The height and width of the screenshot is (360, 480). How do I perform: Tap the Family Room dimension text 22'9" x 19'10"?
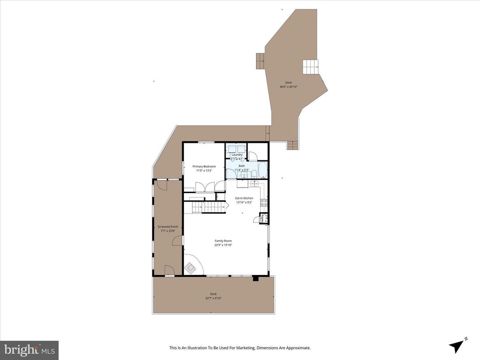pos(223,245)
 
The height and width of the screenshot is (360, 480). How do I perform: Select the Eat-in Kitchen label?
pos(244,198)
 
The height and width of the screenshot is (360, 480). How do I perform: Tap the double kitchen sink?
pos(254,183)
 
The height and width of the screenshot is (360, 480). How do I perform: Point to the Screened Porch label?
pos(168,227)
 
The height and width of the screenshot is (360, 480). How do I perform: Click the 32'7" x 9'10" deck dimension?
pos(214,298)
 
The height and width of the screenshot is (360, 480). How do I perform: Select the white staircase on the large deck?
pos(311,67)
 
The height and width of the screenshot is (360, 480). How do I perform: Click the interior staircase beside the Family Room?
pos(209,207)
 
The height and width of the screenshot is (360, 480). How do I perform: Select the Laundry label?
pos(236,155)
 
